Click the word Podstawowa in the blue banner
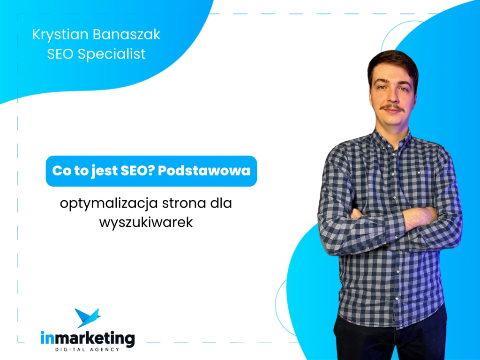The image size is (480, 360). pyautogui.click(x=204, y=171)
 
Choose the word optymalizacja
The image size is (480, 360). pyautogui.click(x=109, y=204)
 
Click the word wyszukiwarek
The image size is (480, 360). pyautogui.click(x=146, y=223)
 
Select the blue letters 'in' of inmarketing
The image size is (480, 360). pyautogui.click(x=47, y=338)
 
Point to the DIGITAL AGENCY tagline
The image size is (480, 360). pyautogui.click(x=87, y=350)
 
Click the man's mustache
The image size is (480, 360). pyautogui.click(x=392, y=107)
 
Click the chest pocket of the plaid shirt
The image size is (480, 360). pyautogui.click(x=420, y=180)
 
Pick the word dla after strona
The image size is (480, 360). pyautogui.click(x=221, y=203)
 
